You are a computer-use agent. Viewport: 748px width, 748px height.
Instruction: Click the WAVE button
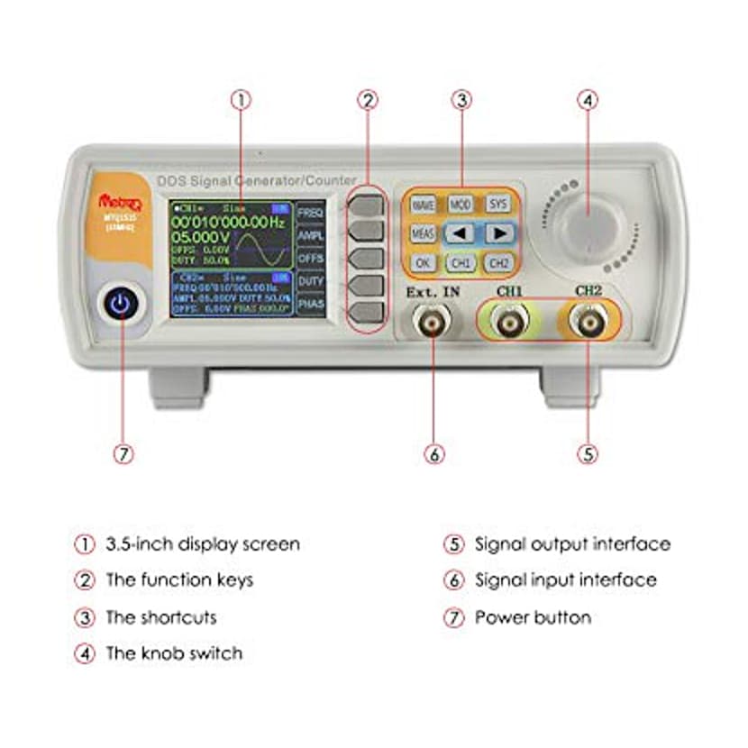point(423,205)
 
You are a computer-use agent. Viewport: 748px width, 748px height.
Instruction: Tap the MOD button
point(461,205)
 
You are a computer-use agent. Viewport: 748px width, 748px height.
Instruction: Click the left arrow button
point(461,234)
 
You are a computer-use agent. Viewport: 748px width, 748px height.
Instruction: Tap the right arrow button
point(498,234)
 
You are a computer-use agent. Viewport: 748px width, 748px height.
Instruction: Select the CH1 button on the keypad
point(461,264)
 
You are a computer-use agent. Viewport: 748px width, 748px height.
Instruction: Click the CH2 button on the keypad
point(498,264)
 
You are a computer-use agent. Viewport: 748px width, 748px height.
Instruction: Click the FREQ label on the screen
point(310,213)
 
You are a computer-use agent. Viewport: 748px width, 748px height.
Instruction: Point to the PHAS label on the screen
point(310,306)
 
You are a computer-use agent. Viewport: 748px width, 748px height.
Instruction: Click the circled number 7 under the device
point(123,454)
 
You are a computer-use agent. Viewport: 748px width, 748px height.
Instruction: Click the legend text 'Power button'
point(533,618)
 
